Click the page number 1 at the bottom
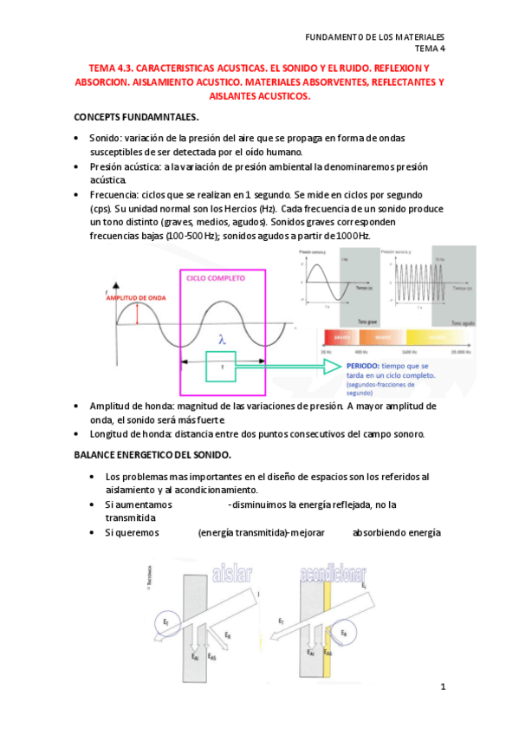coord(442,687)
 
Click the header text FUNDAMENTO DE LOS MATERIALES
coord(375,37)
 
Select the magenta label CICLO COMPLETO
coord(216,279)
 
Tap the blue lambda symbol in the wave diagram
coord(222,341)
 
